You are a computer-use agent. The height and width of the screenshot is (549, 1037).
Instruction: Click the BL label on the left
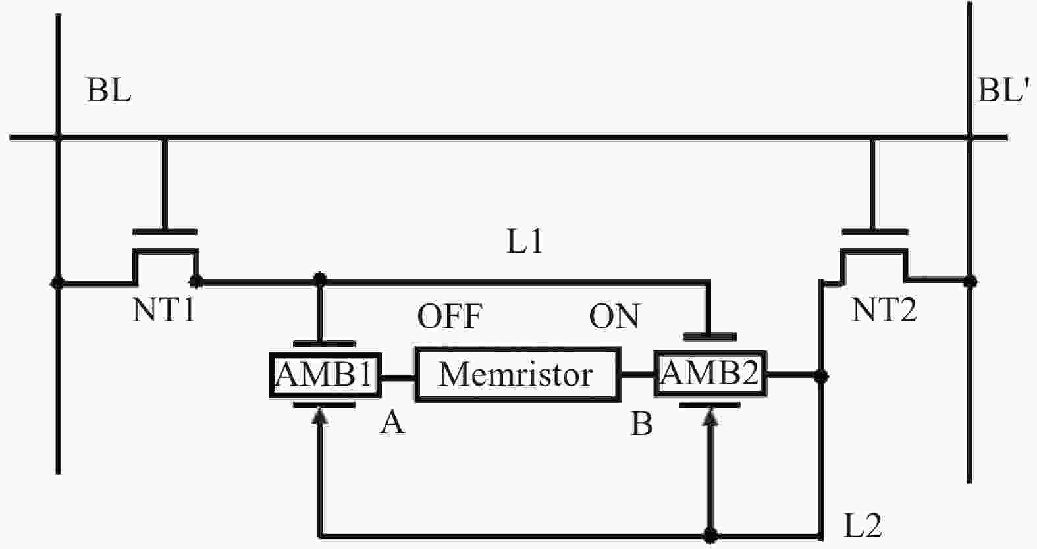pyautogui.click(x=109, y=90)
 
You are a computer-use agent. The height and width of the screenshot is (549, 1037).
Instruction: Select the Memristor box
pyautogui.click(x=517, y=375)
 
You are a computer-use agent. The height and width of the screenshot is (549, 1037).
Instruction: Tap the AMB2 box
pyautogui.click(x=710, y=374)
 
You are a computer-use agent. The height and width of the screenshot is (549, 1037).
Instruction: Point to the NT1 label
pyautogui.click(x=164, y=310)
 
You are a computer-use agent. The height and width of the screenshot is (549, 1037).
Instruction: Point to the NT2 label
pyautogui.click(x=884, y=310)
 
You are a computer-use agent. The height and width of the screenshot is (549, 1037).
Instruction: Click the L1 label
pyautogui.click(x=525, y=243)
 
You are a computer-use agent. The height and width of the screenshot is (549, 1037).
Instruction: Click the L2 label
pyautogui.click(x=863, y=525)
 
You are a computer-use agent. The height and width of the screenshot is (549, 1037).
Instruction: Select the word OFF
pyautogui.click(x=450, y=317)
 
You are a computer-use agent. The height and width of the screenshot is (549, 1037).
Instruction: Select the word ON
pyautogui.click(x=614, y=317)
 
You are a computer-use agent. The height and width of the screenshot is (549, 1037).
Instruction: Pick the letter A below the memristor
pyautogui.click(x=392, y=423)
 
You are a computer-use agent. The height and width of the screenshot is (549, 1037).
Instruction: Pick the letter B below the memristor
pyautogui.click(x=642, y=425)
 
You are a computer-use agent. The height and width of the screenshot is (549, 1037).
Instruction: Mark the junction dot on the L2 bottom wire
pyautogui.click(x=710, y=533)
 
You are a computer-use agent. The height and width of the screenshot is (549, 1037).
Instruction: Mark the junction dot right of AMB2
pyautogui.click(x=820, y=377)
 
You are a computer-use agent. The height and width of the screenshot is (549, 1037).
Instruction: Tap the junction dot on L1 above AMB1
pyautogui.click(x=320, y=279)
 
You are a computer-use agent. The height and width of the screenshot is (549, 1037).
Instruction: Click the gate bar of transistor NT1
pyautogui.click(x=165, y=232)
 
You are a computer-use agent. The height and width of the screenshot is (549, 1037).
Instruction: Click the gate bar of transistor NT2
pyautogui.click(x=874, y=232)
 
